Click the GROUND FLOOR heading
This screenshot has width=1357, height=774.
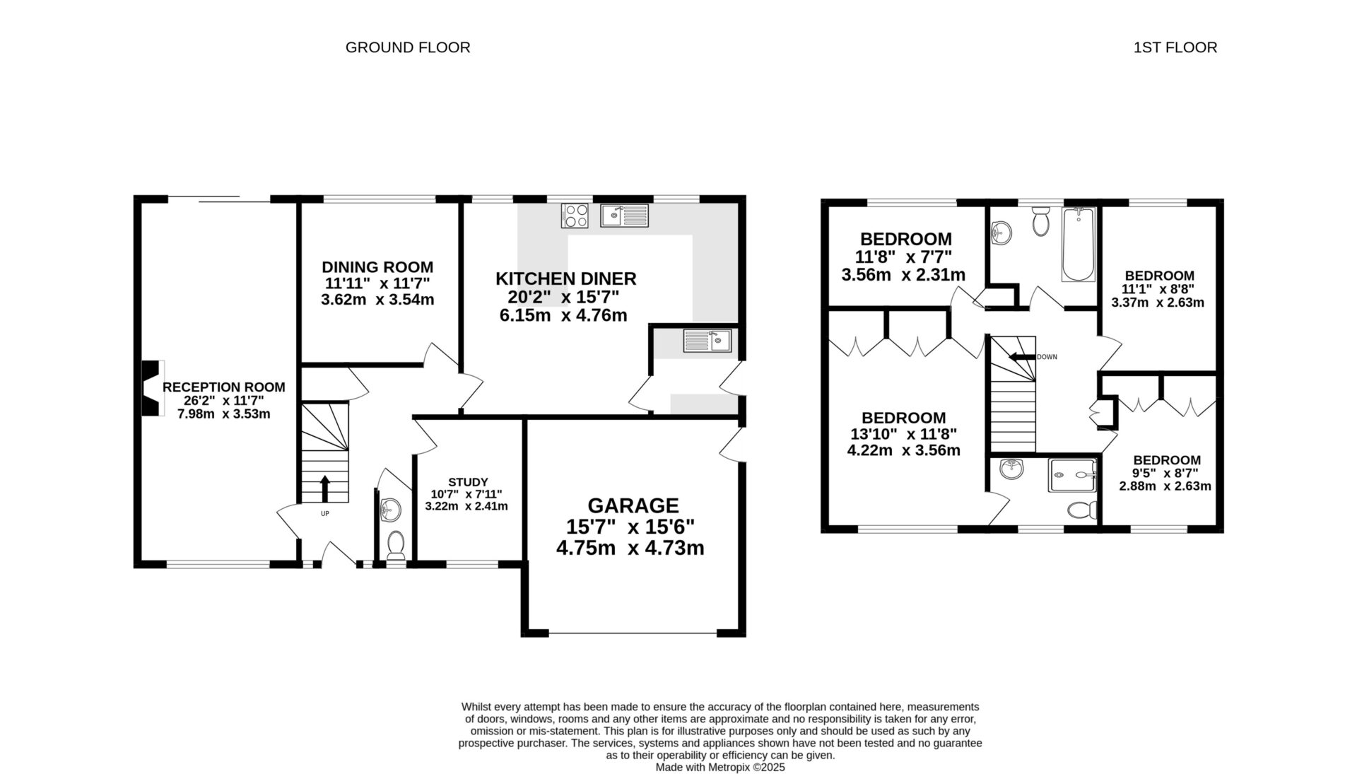coord(408,47)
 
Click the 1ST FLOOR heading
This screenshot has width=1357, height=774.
coord(1175,47)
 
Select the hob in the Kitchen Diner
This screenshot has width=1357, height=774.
coord(575,216)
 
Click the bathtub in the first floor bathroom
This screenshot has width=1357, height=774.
coord(1078,245)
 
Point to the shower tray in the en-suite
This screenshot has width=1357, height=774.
coord(1073,474)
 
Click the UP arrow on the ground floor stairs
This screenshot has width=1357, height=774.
coord(325,488)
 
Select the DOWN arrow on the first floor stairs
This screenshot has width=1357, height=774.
coord(1021,357)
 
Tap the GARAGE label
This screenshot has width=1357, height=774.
coord(633,505)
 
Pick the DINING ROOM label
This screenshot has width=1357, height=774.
coord(377,267)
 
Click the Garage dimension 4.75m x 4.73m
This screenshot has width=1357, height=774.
coord(630,548)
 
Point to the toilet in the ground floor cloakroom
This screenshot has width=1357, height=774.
coord(396,546)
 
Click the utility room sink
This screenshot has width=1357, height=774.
coord(707,341)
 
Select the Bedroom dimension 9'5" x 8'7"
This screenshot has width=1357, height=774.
coord(1165,473)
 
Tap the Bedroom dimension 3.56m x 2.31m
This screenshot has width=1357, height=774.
coord(903,274)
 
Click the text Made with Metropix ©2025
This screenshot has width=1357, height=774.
coord(719,767)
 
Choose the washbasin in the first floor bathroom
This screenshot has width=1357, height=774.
coord(1001,231)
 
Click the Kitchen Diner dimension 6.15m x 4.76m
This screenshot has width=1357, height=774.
coord(563,315)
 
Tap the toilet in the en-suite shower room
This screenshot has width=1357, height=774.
coord(1082,510)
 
